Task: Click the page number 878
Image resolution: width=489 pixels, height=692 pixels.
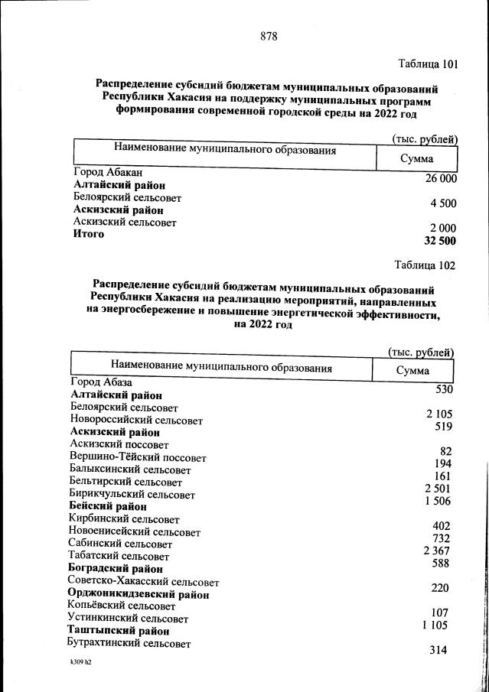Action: pos(268,36)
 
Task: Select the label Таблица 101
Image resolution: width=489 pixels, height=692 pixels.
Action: pos(428,64)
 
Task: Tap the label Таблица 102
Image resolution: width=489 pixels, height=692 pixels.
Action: pos(425,265)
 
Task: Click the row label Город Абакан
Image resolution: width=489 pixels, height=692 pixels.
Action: pos(108,173)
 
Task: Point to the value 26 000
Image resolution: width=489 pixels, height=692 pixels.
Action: pos(441,178)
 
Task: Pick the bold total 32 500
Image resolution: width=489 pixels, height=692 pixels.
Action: pos(439,241)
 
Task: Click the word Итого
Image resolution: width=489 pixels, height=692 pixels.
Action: pos(89,234)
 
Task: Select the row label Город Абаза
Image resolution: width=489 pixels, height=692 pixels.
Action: pos(102,382)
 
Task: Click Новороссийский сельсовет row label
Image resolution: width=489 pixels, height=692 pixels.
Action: pos(136,421)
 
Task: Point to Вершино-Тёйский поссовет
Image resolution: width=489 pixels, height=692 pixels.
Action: pos(138,457)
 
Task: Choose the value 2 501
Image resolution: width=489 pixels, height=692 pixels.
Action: pos(438,488)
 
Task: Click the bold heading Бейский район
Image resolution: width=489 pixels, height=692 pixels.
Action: pos(108,506)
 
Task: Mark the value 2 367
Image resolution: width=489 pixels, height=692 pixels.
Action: pos(438,551)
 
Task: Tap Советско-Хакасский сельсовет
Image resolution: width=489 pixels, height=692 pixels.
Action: pos(143,582)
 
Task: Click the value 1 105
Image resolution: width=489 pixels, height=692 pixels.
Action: pos(438,625)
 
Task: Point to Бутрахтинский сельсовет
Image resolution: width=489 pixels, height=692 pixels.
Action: pos(129,644)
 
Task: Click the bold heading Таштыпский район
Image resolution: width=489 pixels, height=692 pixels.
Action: pos(118,632)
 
